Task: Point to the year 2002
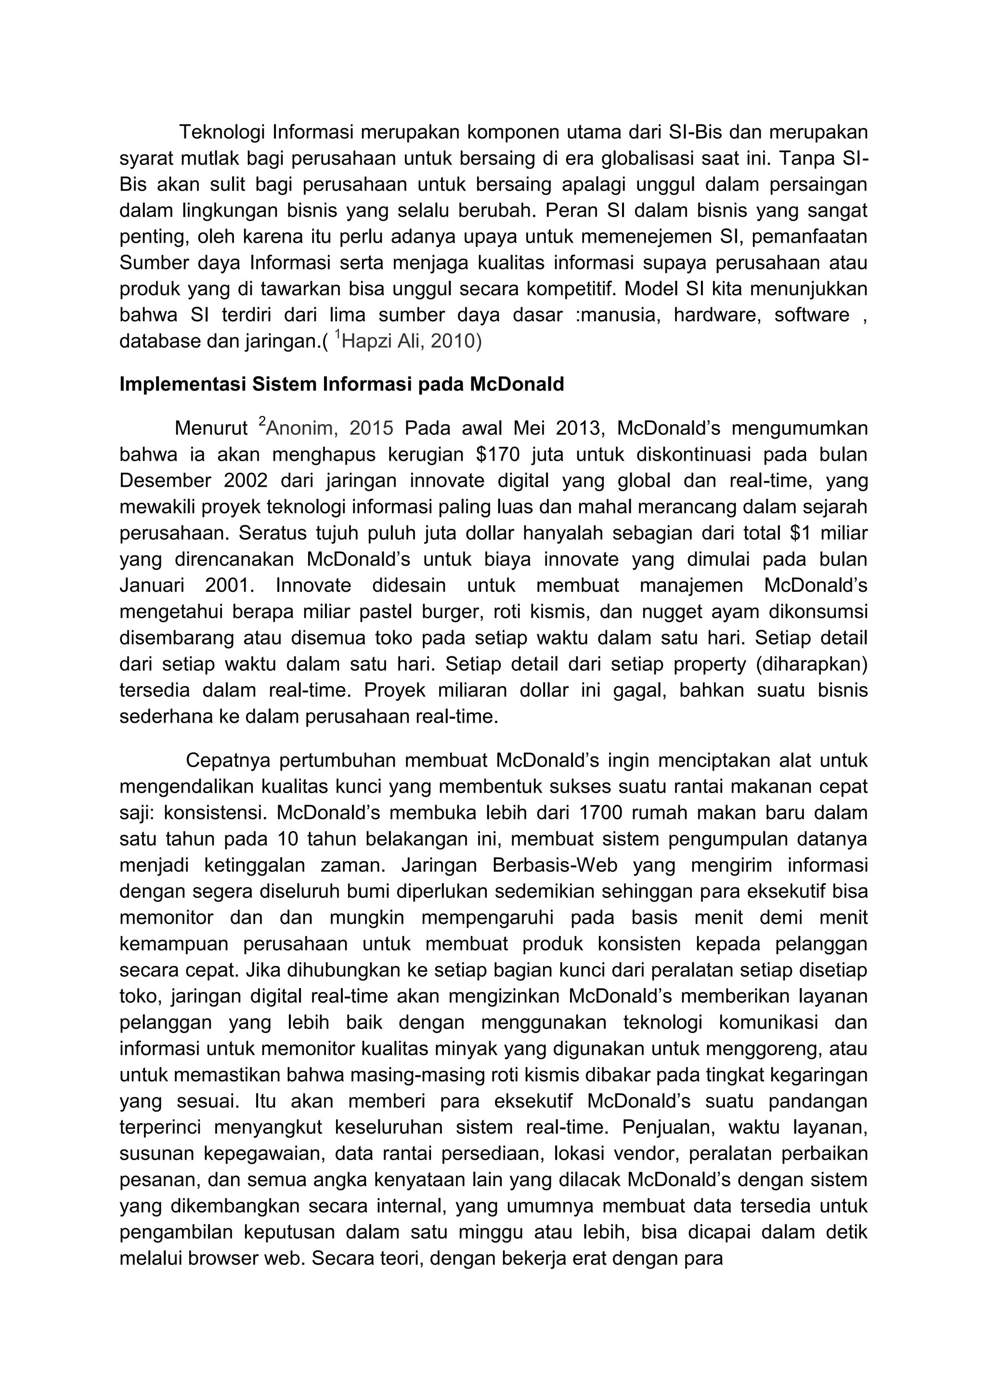click(246, 481)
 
